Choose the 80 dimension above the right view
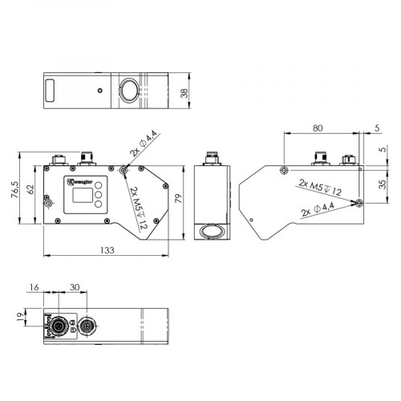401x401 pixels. coord(318,128)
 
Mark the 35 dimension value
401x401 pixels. coord(382,184)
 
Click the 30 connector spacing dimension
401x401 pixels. coord(75,288)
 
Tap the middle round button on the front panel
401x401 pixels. coord(98,195)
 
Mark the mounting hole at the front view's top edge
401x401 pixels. coord(122,170)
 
